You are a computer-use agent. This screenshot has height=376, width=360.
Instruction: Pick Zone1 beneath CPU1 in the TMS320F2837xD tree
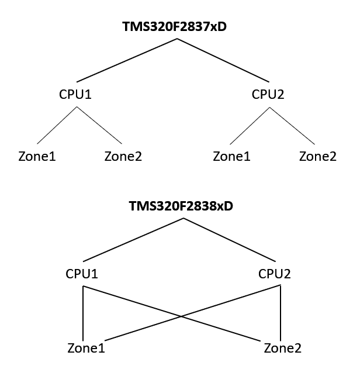[x=37, y=157]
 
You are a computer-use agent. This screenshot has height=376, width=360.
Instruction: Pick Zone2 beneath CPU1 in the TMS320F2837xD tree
[x=123, y=157]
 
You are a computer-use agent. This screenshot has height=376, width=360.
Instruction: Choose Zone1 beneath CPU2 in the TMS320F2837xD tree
[x=231, y=157]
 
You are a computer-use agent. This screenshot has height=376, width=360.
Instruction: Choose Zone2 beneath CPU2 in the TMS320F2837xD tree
[x=317, y=157]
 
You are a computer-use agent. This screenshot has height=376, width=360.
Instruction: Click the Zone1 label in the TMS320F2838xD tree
[x=86, y=349]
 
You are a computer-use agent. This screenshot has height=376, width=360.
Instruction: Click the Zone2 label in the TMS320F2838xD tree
[x=282, y=349]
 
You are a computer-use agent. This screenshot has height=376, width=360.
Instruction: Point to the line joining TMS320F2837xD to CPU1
[x=126, y=60]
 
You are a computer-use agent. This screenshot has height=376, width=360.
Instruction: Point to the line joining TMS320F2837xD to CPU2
[x=224, y=60]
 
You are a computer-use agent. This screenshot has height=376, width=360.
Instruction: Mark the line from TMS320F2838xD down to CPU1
[x=133, y=240]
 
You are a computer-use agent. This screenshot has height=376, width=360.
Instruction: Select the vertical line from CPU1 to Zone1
[x=84, y=313]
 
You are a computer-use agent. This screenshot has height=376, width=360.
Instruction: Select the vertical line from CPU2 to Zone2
[x=281, y=313]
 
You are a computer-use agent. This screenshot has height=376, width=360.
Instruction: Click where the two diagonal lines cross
[x=182, y=316]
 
